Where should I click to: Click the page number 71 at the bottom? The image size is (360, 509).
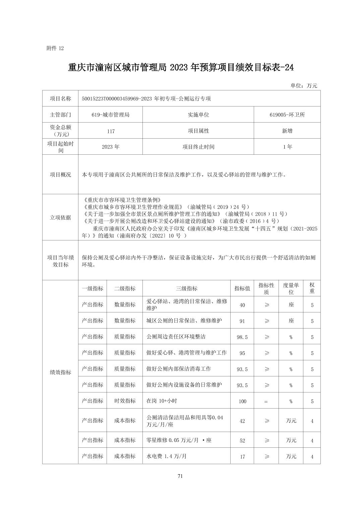click(x=180, y=476)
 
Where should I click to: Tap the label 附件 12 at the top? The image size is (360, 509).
click(x=55, y=48)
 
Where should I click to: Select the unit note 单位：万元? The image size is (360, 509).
click(x=304, y=86)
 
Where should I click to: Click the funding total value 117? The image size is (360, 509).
click(x=111, y=131)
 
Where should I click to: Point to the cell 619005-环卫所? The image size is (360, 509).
click(x=287, y=115)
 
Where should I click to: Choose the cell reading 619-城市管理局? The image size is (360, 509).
click(x=110, y=115)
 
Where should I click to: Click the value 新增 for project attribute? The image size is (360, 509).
click(x=287, y=131)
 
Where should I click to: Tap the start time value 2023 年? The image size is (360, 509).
click(x=110, y=147)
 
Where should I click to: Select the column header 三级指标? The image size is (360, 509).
click(x=186, y=289)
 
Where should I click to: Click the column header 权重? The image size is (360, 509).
click(x=312, y=288)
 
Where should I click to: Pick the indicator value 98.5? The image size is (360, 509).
click(x=242, y=337)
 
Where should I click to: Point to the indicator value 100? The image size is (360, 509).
click(x=242, y=401)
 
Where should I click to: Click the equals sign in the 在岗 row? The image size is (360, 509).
click(x=266, y=401)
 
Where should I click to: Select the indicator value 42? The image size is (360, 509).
click(x=242, y=421)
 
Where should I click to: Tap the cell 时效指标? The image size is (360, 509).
click(x=125, y=401)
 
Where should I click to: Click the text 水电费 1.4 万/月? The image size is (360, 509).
click(x=166, y=456)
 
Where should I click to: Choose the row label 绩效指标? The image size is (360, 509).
click(x=60, y=372)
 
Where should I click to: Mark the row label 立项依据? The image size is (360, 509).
click(x=60, y=218)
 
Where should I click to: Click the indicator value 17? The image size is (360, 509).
click(x=242, y=456)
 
